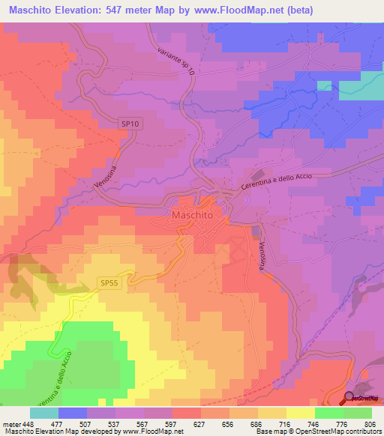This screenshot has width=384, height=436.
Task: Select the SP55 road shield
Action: click(109, 282)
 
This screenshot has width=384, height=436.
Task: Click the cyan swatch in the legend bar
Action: click(44, 413)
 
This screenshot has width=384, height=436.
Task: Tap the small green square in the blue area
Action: click(324, 85)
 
